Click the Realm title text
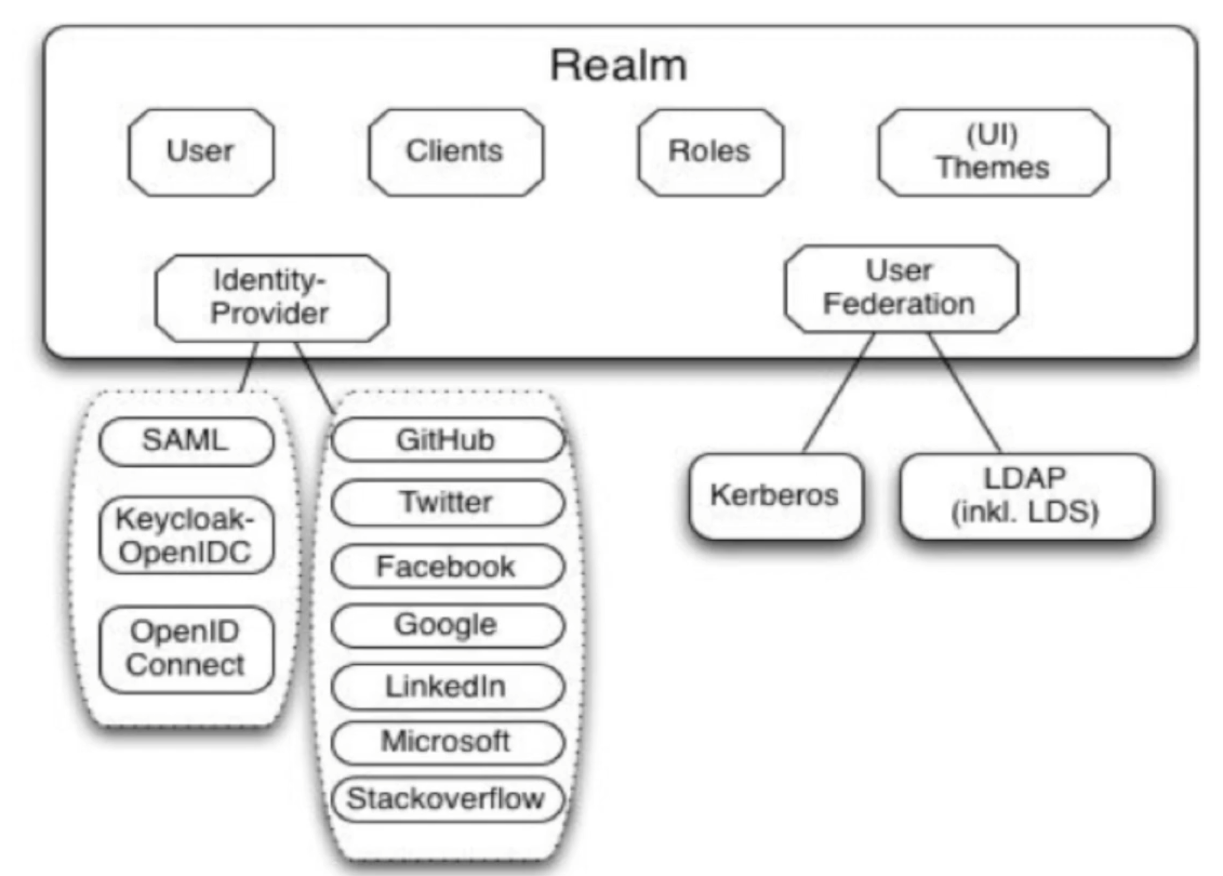[618, 66]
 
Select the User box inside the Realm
[201, 152]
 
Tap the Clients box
[455, 152]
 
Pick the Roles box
[710, 152]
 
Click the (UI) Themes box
[993, 152]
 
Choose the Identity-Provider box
[271, 298]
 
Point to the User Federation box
[900, 288]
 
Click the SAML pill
[186, 441]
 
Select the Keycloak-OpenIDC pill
[186, 535]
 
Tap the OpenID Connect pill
[186, 649]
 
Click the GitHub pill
[447, 440]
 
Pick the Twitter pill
[447, 502]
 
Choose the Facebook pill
[447, 567]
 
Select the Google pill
[447, 626]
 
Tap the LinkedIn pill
[447, 687]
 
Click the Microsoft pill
[447, 742]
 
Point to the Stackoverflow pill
[447, 799]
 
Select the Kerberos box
[775, 496]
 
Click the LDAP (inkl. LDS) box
[1026, 496]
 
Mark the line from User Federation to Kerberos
[838, 393]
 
